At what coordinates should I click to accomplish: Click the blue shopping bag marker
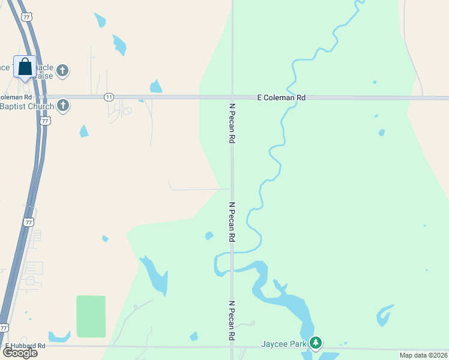tap(25, 67)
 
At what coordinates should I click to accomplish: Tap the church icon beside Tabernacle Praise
tap(62, 71)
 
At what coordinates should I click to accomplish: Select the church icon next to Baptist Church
tap(62, 107)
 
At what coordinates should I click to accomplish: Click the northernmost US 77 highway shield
tap(26, 17)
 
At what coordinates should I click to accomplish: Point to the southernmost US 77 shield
tap(4, 328)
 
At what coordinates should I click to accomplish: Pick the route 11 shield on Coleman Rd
tap(108, 97)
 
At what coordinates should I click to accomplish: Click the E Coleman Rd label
tap(281, 97)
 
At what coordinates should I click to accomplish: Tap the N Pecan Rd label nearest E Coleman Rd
tap(232, 122)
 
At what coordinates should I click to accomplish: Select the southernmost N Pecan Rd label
tap(232, 320)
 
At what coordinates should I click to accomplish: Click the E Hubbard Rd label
tap(25, 346)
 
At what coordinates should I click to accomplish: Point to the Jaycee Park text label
tap(283, 344)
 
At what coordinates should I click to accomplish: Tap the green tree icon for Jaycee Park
tap(316, 344)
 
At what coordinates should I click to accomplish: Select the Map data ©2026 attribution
tap(423, 355)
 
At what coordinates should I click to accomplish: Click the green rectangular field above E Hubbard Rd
tap(91, 316)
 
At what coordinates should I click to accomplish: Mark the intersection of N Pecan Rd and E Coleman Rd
tap(232, 97)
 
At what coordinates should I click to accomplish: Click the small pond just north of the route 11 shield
tap(156, 87)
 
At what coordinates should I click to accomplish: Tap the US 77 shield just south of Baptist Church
tap(46, 121)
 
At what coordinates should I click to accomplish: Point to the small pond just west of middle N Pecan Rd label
tap(209, 236)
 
